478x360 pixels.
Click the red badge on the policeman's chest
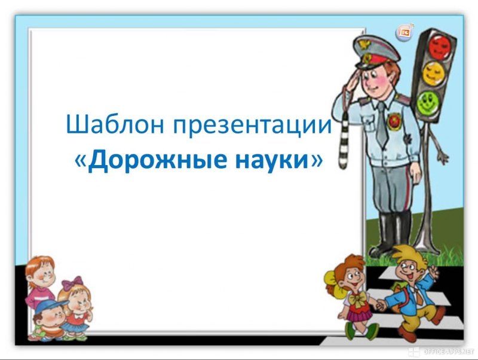click(394, 121)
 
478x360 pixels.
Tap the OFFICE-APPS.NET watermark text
click(449, 352)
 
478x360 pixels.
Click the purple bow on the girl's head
click(72, 281)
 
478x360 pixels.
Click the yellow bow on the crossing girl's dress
click(357, 297)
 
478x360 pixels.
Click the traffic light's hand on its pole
click(442, 157)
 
